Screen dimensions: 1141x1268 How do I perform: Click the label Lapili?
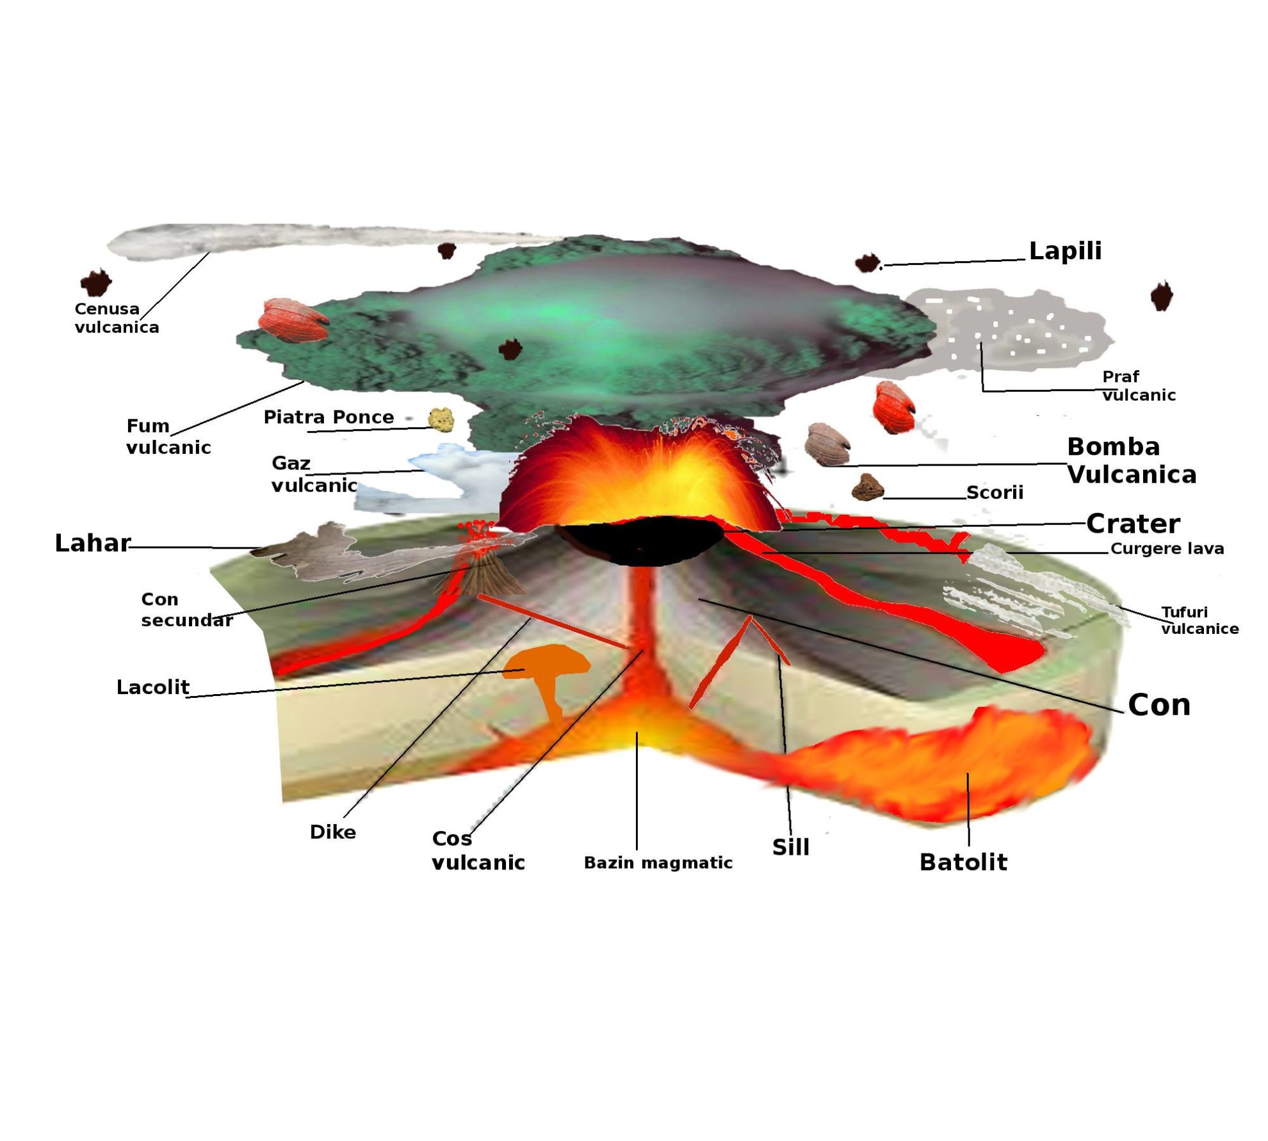(1065, 250)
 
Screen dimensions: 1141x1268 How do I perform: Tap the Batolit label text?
(963, 862)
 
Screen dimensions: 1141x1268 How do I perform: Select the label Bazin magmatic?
(658, 862)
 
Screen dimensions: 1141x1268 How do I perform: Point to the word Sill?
(791, 847)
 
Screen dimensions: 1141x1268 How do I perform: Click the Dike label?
(332, 832)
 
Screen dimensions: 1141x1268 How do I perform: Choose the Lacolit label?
(152, 687)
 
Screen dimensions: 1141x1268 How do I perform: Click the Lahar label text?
(92, 543)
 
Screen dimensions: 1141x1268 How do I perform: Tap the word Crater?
(1133, 524)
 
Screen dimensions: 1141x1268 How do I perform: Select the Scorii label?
(995, 492)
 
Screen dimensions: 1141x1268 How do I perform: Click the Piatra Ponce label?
(329, 417)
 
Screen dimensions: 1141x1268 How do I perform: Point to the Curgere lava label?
(1167, 548)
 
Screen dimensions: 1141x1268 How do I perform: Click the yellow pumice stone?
(441, 419)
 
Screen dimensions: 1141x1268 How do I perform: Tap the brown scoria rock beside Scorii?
(868, 487)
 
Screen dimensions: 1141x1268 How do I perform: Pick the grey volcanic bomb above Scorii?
(827, 441)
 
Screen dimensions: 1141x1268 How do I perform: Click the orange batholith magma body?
(948, 762)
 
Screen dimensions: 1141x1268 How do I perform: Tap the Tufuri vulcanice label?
(1199, 620)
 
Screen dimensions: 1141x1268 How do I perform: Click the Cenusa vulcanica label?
(116, 318)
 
